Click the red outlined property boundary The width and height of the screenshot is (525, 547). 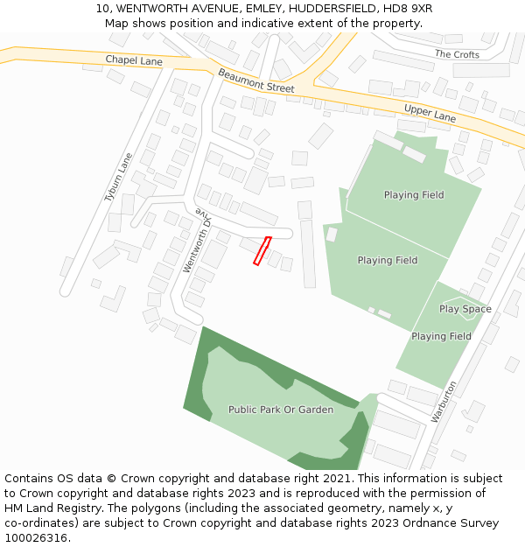pos(262,250)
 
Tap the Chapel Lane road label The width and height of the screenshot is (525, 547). pos(134,60)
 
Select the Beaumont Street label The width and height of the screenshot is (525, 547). pos(256,81)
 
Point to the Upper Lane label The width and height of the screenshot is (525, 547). pos(430,112)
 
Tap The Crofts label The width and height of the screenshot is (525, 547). pos(457,54)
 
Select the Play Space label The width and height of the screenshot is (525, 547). pos(465,309)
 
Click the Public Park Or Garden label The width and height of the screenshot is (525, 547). pos(281,410)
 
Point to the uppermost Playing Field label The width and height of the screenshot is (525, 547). pos(413,195)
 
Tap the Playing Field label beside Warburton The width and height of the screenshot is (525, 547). pos(441,336)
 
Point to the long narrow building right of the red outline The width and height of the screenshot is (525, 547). pos(308,253)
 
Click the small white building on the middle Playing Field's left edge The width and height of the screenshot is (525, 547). pos(332,234)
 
